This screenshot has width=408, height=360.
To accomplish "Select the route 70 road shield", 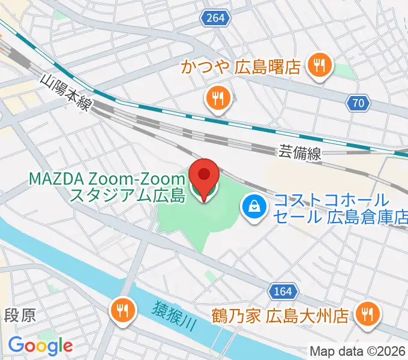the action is click(x=358, y=103).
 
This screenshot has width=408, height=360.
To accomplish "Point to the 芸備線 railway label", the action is click(x=299, y=154).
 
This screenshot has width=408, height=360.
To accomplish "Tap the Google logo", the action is click(x=40, y=346).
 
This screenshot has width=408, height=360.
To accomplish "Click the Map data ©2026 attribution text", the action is click(x=357, y=350).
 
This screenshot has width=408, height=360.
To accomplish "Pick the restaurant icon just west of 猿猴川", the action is click(x=121, y=310).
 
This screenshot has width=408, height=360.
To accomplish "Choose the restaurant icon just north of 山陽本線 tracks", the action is click(x=215, y=98).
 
